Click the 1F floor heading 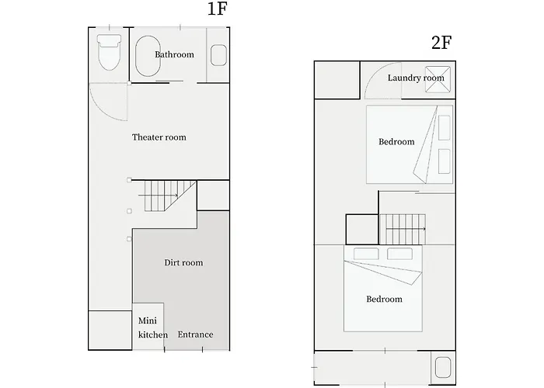(217, 11)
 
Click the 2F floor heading (441, 43)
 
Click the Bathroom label (174, 54)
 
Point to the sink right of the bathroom (218, 54)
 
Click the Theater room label (159, 137)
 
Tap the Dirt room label (183, 263)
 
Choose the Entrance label (195, 334)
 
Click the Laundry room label (416, 78)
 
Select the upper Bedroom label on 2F (396, 141)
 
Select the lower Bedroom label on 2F (384, 299)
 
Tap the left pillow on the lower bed (364, 254)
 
